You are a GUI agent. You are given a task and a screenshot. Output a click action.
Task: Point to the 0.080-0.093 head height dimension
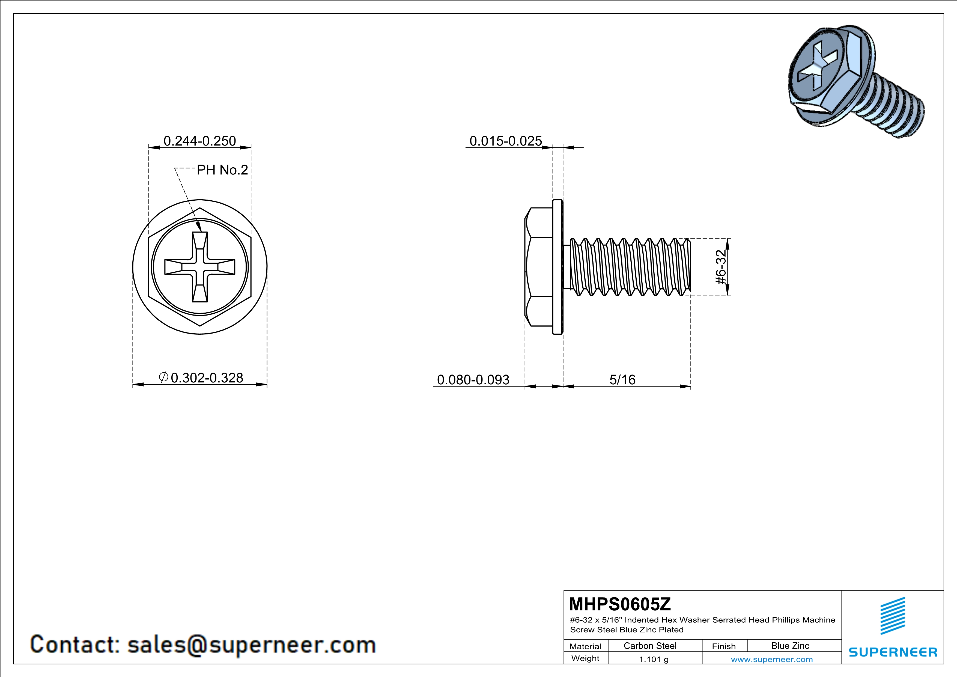click(473, 380)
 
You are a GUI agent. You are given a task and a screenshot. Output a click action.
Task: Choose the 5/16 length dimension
click(622, 380)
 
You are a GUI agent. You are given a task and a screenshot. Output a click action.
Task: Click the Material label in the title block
click(585, 646)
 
